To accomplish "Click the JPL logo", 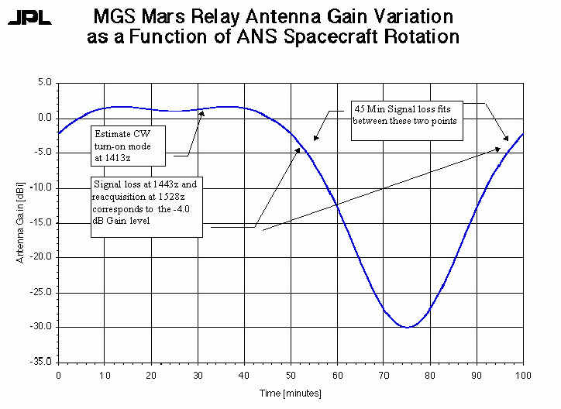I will [30, 18].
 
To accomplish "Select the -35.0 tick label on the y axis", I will [40, 362].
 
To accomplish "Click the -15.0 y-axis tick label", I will [40, 222].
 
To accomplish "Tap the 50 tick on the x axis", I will [291, 376].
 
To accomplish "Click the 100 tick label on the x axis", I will [524, 376].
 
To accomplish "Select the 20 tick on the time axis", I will [152, 376].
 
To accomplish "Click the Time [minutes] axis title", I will [291, 394].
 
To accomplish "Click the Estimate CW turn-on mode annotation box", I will [128, 143].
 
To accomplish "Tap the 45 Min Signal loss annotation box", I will [407, 120].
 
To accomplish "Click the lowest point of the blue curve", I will [408, 327].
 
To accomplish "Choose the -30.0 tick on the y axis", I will [40, 327].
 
